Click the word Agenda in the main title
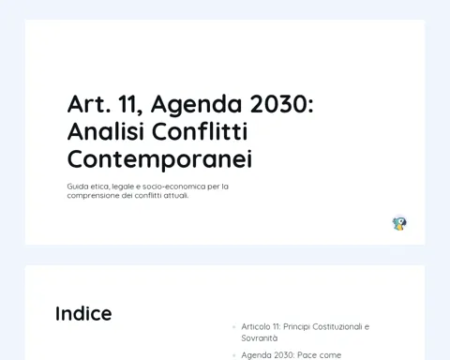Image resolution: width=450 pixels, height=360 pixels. point(196,105)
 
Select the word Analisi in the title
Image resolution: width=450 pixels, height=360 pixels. point(105,131)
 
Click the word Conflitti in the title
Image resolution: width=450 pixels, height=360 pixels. point(200,131)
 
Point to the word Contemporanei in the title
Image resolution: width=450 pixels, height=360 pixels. point(159,159)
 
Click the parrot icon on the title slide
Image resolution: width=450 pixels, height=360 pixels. point(399,223)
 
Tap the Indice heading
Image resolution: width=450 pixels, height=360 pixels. point(83,313)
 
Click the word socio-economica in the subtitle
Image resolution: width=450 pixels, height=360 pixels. point(174,187)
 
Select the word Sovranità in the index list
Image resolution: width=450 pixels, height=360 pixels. point(260,338)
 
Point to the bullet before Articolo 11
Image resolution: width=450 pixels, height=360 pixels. point(233,327)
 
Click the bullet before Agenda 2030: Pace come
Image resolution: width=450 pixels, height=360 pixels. point(233,355)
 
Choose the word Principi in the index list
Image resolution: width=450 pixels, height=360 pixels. point(296,327)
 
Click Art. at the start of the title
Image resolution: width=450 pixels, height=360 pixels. point(89,104)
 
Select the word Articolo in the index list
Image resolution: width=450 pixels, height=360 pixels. point(256,327)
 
